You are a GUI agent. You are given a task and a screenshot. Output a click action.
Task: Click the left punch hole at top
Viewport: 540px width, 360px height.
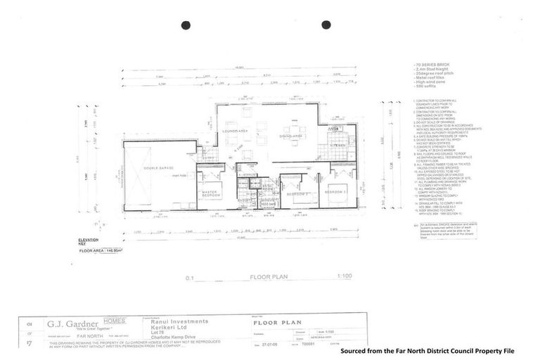pyautogui.click(x=186, y=25)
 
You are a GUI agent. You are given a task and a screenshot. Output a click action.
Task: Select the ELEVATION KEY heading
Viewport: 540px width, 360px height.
pyautogui.click(x=89, y=241)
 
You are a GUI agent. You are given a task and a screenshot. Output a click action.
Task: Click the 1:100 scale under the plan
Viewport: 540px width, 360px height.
pyautogui.click(x=345, y=277)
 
